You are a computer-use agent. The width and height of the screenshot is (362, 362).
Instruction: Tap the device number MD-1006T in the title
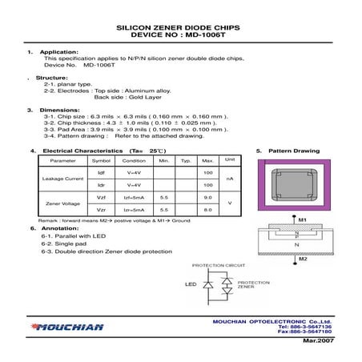[210, 35]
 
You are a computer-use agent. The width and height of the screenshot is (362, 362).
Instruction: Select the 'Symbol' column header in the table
[101, 160]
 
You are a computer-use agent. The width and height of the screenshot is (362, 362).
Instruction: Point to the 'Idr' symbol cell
[101, 185]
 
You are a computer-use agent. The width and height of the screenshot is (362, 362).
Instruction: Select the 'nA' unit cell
[230, 179]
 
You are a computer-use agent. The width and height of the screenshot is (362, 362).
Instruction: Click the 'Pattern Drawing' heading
[292, 150]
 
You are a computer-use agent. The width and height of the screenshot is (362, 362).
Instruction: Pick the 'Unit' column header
[230, 159]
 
